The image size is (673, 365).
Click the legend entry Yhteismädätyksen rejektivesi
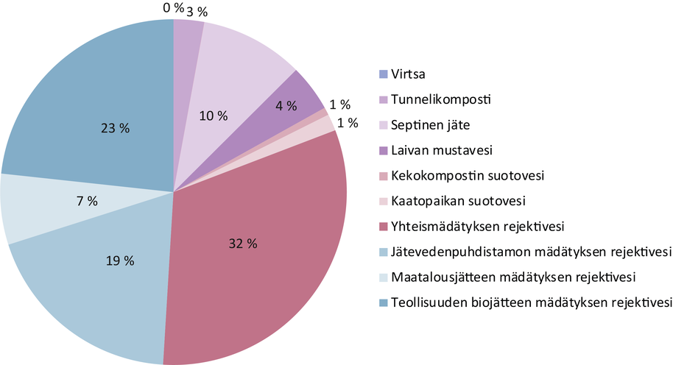point(471,227)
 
